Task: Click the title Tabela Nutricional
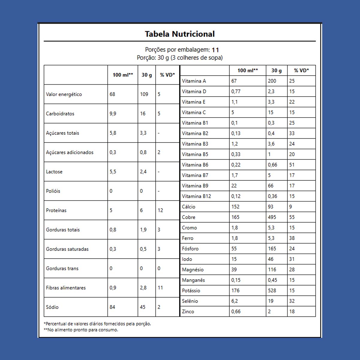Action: (180, 34)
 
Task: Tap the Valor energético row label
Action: (64, 94)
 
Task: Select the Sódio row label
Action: (52, 307)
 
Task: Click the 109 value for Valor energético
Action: (144, 94)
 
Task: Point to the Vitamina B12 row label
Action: (196, 196)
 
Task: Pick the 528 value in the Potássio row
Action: (272, 290)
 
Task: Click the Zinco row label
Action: (188, 311)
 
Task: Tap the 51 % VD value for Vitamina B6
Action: (292, 165)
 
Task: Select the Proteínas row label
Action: (56, 210)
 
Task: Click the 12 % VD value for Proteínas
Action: (160, 210)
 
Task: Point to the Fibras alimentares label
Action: (66, 288)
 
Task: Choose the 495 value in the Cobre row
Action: (272, 217)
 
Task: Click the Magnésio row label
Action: (193, 269)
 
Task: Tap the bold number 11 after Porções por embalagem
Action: (215, 50)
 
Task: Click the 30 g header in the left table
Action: (147, 75)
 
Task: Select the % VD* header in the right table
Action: (301, 70)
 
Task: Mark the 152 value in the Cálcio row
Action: (235, 207)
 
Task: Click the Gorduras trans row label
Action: (62, 268)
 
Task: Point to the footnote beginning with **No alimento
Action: (81, 330)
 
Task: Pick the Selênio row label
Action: (190, 301)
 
